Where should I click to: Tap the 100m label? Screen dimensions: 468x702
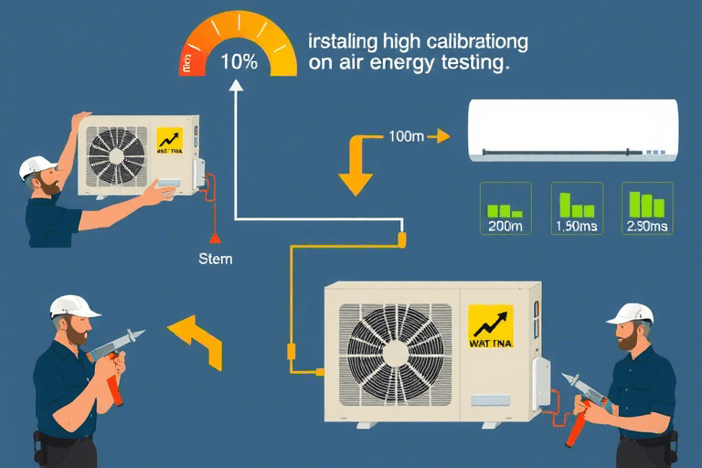[406, 137]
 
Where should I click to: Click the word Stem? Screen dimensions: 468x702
[215, 259]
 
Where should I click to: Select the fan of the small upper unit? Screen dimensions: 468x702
[115, 152]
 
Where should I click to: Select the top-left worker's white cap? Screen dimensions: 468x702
[37, 167]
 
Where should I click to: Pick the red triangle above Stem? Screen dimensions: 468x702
[217, 239]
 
